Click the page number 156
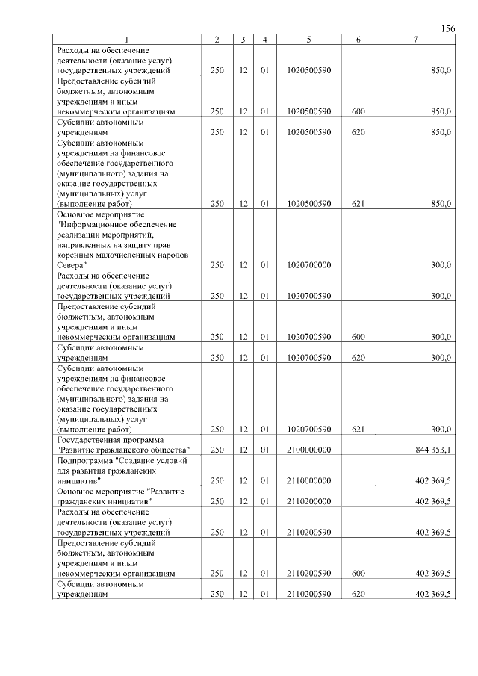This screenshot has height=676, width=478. pyautogui.click(x=448, y=28)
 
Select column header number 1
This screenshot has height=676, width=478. pyautogui.click(x=126, y=40)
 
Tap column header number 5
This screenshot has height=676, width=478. pyautogui.click(x=308, y=40)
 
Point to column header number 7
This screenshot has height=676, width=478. pyautogui.click(x=415, y=40)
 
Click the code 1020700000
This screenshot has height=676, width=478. pyautogui.click(x=308, y=264)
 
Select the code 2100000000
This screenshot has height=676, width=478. pyautogui.click(x=308, y=449)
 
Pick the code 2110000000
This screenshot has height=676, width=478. pyautogui.click(x=308, y=480)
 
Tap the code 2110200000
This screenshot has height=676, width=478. pyautogui.click(x=308, y=501)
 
